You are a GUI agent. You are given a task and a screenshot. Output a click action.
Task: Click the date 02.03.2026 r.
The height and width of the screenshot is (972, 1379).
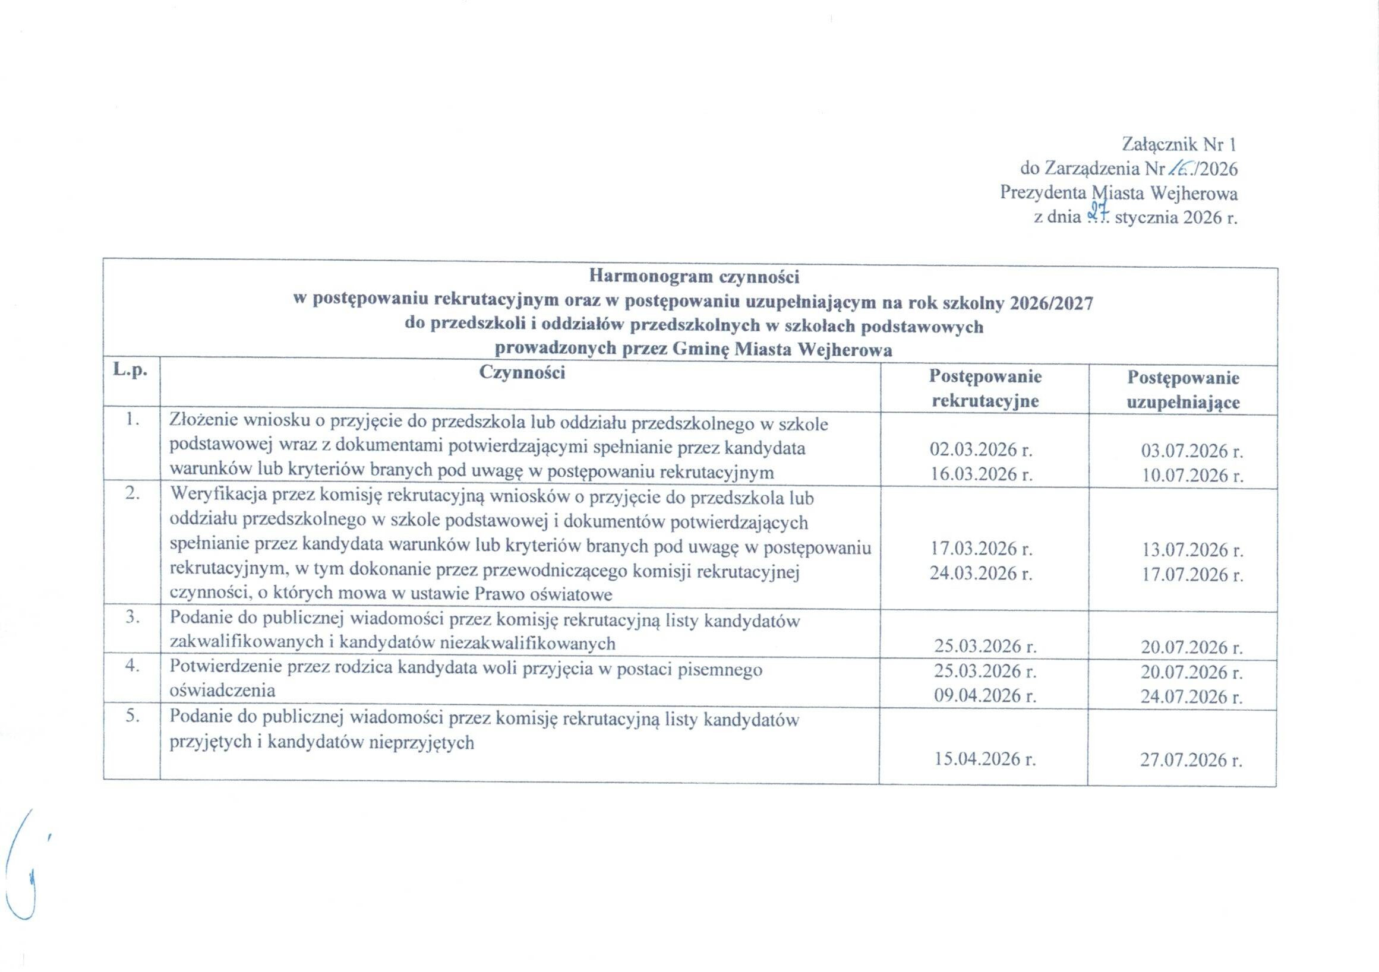(981, 450)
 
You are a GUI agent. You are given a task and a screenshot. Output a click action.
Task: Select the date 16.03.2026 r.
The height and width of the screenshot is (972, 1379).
(981, 475)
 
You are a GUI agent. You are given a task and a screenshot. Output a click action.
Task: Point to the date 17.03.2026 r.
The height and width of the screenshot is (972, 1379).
(981, 549)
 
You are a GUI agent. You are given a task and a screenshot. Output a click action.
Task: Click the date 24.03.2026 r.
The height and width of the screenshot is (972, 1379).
(981, 574)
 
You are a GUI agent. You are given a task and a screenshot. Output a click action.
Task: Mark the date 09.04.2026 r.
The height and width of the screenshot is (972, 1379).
(986, 695)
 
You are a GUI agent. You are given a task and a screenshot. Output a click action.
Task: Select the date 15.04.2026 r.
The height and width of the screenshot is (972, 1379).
(986, 759)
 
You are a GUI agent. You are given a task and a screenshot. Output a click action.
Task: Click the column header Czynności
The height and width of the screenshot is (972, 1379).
(522, 373)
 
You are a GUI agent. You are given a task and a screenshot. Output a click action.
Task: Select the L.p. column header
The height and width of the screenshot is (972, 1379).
(130, 370)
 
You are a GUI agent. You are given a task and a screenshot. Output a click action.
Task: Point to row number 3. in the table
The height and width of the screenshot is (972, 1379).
(132, 618)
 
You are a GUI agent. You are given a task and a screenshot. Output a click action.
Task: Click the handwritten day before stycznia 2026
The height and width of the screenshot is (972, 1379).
(1099, 215)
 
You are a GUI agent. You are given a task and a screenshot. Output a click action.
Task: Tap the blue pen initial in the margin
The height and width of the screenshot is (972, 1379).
(24, 870)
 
